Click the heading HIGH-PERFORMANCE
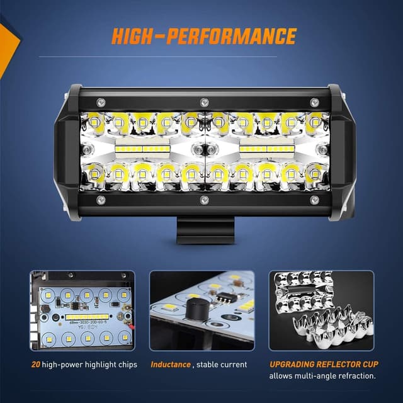coord(203,37)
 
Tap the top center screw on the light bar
coord(203,102)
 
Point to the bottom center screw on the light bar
coord(203,200)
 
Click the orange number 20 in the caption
coord(37,365)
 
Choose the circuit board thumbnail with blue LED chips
coord(82,310)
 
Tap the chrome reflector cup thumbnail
coord(321,310)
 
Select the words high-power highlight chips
coord(91,365)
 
